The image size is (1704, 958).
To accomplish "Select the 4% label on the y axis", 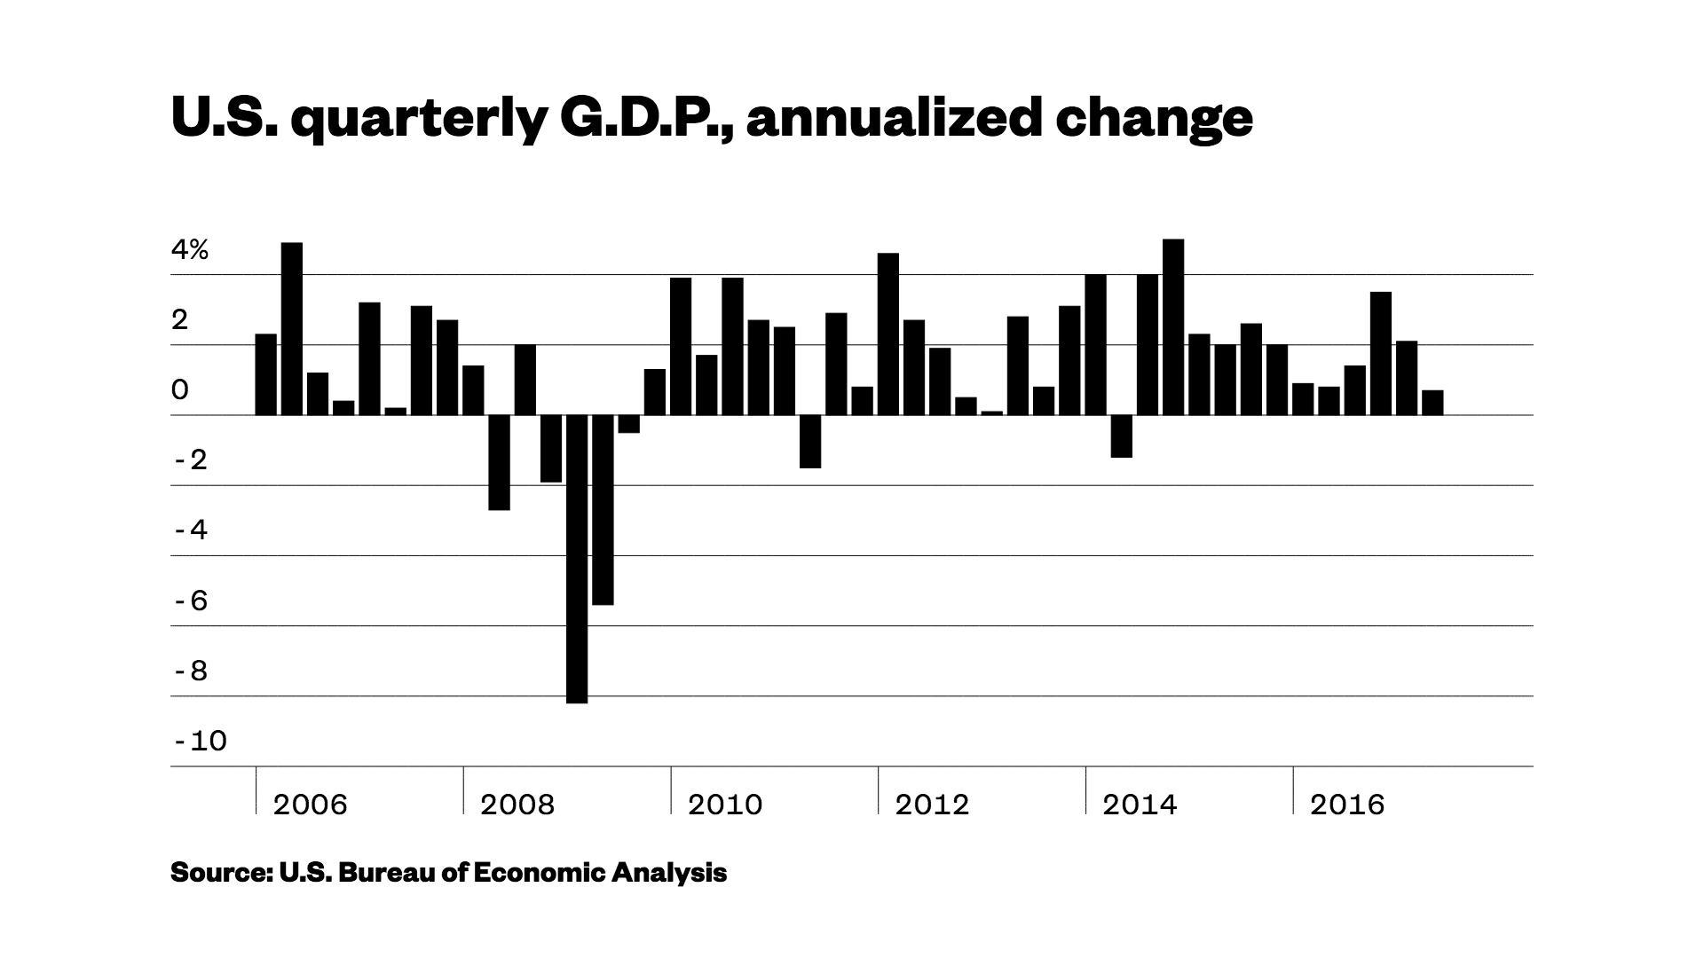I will (189, 250).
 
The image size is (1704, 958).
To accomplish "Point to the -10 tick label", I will (201, 741).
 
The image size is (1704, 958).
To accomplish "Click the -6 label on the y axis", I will (191, 601).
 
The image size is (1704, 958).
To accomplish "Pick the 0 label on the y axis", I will (180, 390).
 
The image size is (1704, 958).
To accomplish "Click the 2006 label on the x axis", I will (310, 805).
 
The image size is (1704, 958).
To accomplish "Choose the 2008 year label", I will (517, 805).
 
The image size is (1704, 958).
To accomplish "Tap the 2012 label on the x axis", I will (932, 805).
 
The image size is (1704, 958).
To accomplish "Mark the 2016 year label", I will (1347, 805).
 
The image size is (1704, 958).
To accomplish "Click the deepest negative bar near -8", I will (577, 559).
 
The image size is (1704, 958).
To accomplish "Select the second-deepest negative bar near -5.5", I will (603, 510).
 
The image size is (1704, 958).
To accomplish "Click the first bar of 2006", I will (265, 374).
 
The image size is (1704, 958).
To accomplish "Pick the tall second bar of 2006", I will (292, 328).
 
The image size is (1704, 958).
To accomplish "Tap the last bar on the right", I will (1432, 403).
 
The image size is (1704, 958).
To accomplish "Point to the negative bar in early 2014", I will (1121, 436).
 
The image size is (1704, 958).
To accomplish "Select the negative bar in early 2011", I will (810, 441).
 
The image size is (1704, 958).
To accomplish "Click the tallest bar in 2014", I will (1173, 326).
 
